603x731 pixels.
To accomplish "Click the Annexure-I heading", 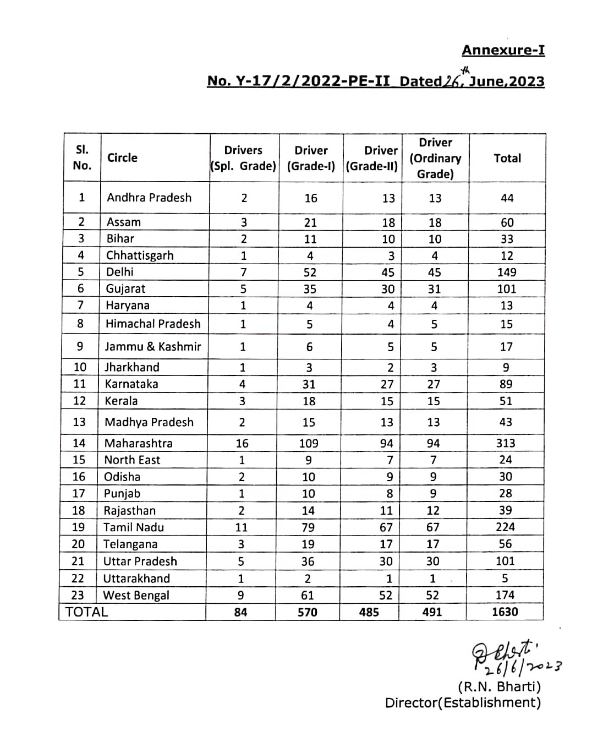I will click(x=503, y=50).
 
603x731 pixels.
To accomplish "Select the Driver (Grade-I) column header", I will click(x=311, y=158).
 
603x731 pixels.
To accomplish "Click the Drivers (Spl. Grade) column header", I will click(x=243, y=158).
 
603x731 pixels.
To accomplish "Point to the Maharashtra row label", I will click(x=138, y=443).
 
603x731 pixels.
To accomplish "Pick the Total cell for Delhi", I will click(x=506, y=272).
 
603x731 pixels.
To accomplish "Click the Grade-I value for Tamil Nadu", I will click(x=308, y=527).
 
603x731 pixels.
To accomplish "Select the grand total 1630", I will click(x=505, y=612).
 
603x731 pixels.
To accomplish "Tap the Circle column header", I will click(x=122, y=158).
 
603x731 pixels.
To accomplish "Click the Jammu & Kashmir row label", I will click(x=153, y=347).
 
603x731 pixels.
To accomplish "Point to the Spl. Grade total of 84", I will click(x=240, y=612).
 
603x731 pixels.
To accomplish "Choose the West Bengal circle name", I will click(x=136, y=595).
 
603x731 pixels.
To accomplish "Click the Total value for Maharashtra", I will click(x=505, y=443).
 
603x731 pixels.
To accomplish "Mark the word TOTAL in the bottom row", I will click(x=86, y=612).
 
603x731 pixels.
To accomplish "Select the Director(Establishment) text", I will click(x=463, y=703).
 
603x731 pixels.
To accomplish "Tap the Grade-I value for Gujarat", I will click(x=309, y=289).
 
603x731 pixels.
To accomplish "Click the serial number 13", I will click(x=79, y=422).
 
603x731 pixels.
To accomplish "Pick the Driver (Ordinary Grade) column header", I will click(x=435, y=158).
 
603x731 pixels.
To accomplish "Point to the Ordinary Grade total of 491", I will click(x=432, y=612).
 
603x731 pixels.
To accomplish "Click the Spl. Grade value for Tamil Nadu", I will click(x=241, y=527).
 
